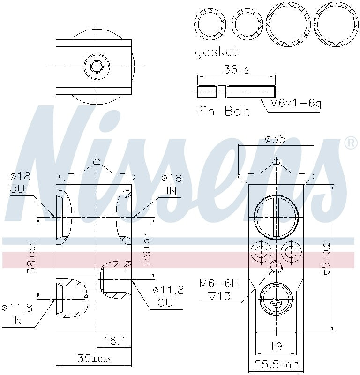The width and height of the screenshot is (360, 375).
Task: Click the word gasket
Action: [216, 52]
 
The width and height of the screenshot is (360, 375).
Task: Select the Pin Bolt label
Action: [222, 111]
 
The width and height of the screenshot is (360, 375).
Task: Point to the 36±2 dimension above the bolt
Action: [236, 70]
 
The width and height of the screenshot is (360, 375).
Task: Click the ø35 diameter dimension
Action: [275, 139]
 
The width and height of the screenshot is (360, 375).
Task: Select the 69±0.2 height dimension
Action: [327, 258]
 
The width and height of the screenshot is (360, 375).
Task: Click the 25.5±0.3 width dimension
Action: [276, 365]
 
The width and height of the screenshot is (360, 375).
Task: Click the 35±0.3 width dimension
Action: [94, 359]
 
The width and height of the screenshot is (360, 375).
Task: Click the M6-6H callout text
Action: [219, 284]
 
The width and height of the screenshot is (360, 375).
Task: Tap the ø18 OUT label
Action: [20, 183]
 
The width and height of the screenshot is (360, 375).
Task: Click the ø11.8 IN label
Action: [17, 314]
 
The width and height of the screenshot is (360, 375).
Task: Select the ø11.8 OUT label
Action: [168, 296]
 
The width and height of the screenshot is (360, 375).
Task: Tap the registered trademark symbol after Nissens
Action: [350, 143]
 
